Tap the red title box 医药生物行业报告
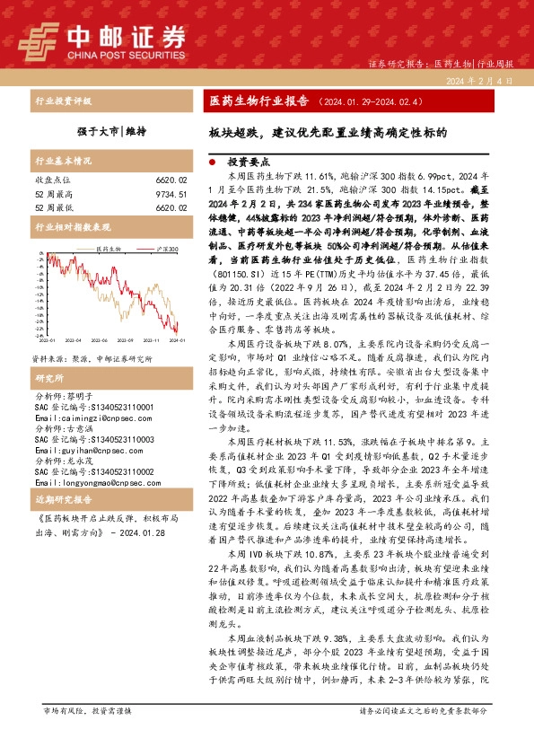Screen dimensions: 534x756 coord(252,101)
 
